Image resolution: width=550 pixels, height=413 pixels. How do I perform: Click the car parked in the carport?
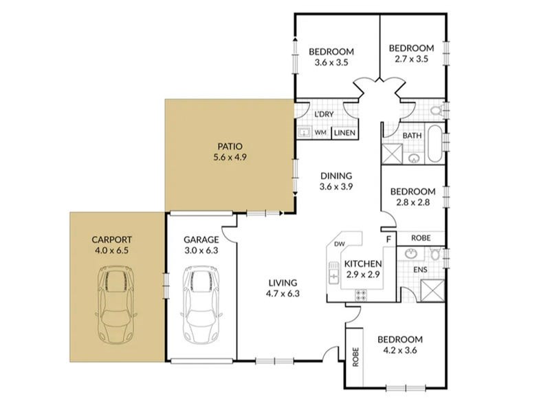(115, 306)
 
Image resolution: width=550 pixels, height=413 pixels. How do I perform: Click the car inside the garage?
(201, 304)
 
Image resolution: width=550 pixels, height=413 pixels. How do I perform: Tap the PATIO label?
(230, 146)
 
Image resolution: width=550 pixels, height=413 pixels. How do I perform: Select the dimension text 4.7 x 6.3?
(283, 294)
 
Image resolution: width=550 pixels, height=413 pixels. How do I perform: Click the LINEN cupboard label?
(345, 133)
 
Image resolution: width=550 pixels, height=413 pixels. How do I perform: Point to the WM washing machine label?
(320, 133)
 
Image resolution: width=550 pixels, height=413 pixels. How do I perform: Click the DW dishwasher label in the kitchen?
(339, 244)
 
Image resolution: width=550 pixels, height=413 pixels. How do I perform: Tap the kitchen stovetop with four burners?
(361, 295)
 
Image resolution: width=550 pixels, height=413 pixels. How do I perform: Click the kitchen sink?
(333, 273)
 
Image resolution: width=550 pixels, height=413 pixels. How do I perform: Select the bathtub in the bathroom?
(434, 143)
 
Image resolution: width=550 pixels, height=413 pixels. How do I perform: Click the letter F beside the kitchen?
(388, 240)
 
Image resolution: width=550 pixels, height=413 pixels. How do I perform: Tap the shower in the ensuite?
(432, 290)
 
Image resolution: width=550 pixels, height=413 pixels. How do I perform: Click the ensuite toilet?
(436, 253)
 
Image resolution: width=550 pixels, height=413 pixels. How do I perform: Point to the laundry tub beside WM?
(303, 133)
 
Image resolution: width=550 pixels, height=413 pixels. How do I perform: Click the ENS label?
(420, 270)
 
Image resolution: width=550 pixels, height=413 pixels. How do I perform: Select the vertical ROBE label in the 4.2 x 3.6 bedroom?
(355, 357)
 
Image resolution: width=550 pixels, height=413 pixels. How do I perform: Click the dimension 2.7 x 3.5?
(411, 59)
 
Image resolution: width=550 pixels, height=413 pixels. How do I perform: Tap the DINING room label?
(336, 176)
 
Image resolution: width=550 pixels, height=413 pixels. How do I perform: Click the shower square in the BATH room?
(392, 153)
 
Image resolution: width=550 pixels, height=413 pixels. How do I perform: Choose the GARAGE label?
(201, 240)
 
